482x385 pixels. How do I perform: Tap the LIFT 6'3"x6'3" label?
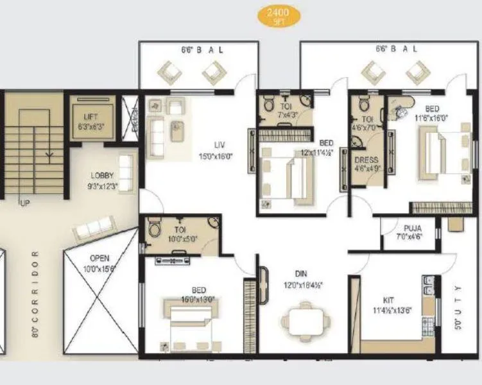tap(90, 121)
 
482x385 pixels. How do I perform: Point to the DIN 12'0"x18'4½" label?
tap(301, 279)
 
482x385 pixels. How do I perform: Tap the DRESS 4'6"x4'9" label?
tap(366, 165)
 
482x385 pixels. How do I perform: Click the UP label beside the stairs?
tap(25, 203)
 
